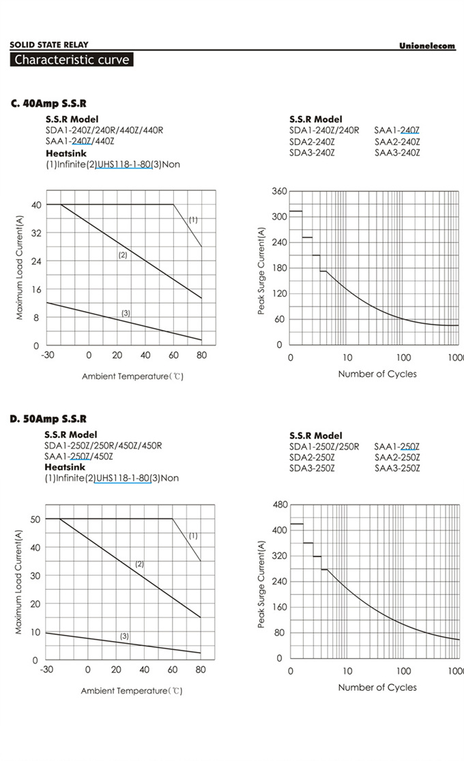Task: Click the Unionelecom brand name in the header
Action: [427, 46]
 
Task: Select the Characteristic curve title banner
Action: [72, 60]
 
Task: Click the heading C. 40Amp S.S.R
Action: [48, 104]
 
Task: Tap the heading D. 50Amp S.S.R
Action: [48, 419]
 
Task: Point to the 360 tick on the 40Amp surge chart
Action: [278, 191]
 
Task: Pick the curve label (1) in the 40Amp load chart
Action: [193, 220]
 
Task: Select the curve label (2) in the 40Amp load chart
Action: [123, 255]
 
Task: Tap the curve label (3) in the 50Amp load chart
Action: [124, 636]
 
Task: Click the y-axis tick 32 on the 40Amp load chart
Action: [35, 233]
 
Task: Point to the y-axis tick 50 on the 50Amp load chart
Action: [34, 519]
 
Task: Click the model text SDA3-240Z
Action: [312, 153]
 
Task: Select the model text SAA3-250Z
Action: [397, 468]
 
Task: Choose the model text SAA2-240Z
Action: [397, 142]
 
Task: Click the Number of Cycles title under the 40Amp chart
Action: [377, 374]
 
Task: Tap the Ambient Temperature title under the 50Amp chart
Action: [132, 691]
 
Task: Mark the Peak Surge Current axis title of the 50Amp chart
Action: [261, 584]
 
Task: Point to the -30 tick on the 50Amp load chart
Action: [46, 670]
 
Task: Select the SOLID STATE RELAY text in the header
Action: [48, 45]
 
